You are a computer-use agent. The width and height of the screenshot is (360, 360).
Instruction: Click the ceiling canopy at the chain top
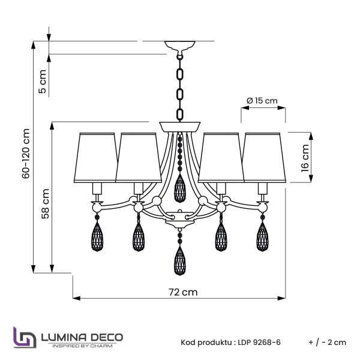click(x=179, y=46)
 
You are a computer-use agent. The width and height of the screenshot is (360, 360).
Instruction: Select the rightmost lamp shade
click(x=264, y=157)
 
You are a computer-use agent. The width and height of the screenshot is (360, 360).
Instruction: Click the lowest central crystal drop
click(x=179, y=261)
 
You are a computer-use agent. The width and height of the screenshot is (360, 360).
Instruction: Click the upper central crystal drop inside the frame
click(x=179, y=189)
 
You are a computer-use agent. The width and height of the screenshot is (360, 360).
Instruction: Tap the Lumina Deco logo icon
click(x=24, y=337)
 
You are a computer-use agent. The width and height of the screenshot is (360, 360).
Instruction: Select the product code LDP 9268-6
click(x=259, y=343)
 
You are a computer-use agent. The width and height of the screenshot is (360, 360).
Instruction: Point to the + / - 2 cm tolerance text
click(x=327, y=343)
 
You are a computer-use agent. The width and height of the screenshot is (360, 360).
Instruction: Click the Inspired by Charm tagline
click(x=82, y=346)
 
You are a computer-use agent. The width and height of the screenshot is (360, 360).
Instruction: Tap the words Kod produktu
click(x=205, y=343)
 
